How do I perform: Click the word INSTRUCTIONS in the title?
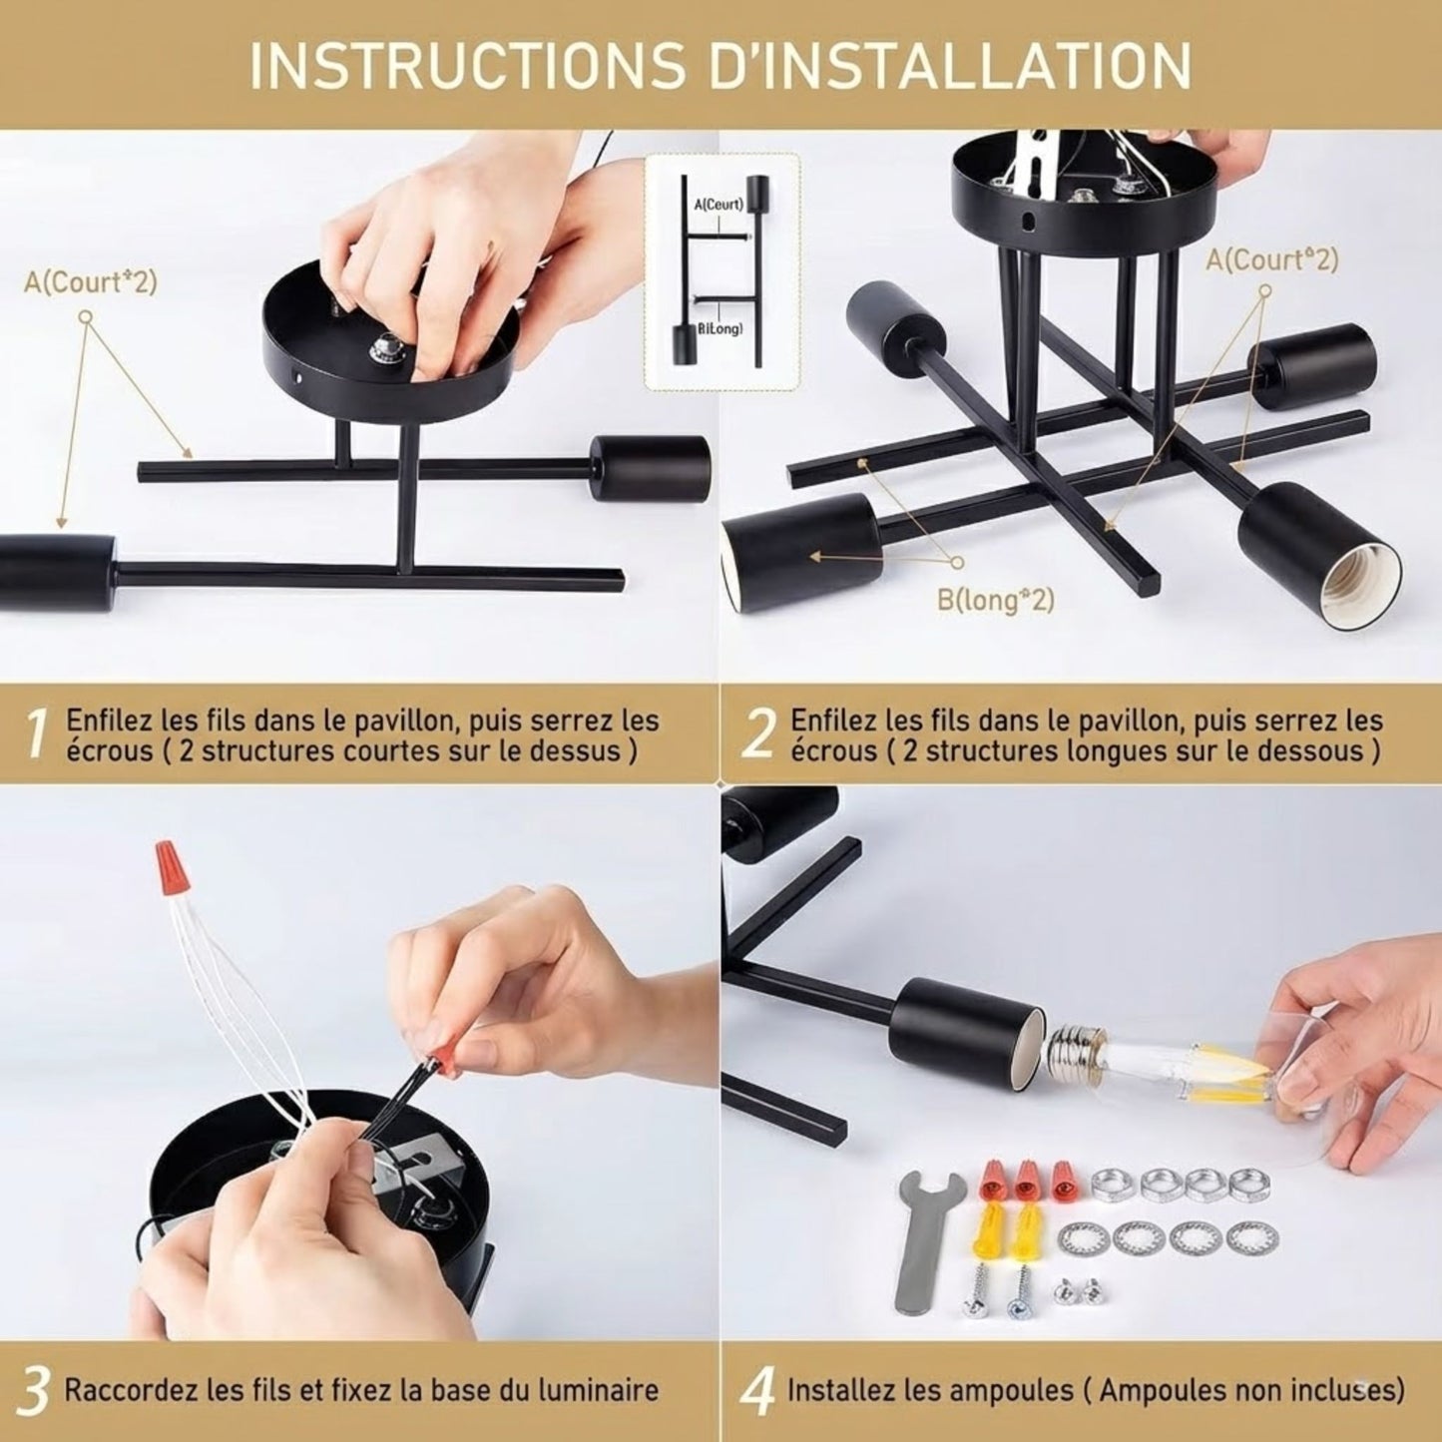pyautogui.click(x=467, y=66)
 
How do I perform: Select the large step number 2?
pyautogui.click(x=758, y=734)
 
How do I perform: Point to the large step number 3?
pyautogui.click(x=32, y=1391)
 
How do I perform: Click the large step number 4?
pyautogui.click(x=758, y=1391)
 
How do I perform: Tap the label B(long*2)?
pyautogui.click(x=995, y=600)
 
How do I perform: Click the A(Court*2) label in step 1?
pyautogui.click(x=91, y=282)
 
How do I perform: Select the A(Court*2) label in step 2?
pyautogui.click(x=1271, y=259)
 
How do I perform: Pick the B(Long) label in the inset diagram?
pyautogui.click(x=720, y=329)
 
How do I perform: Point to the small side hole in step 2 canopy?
pyautogui.click(x=1029, y=221)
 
